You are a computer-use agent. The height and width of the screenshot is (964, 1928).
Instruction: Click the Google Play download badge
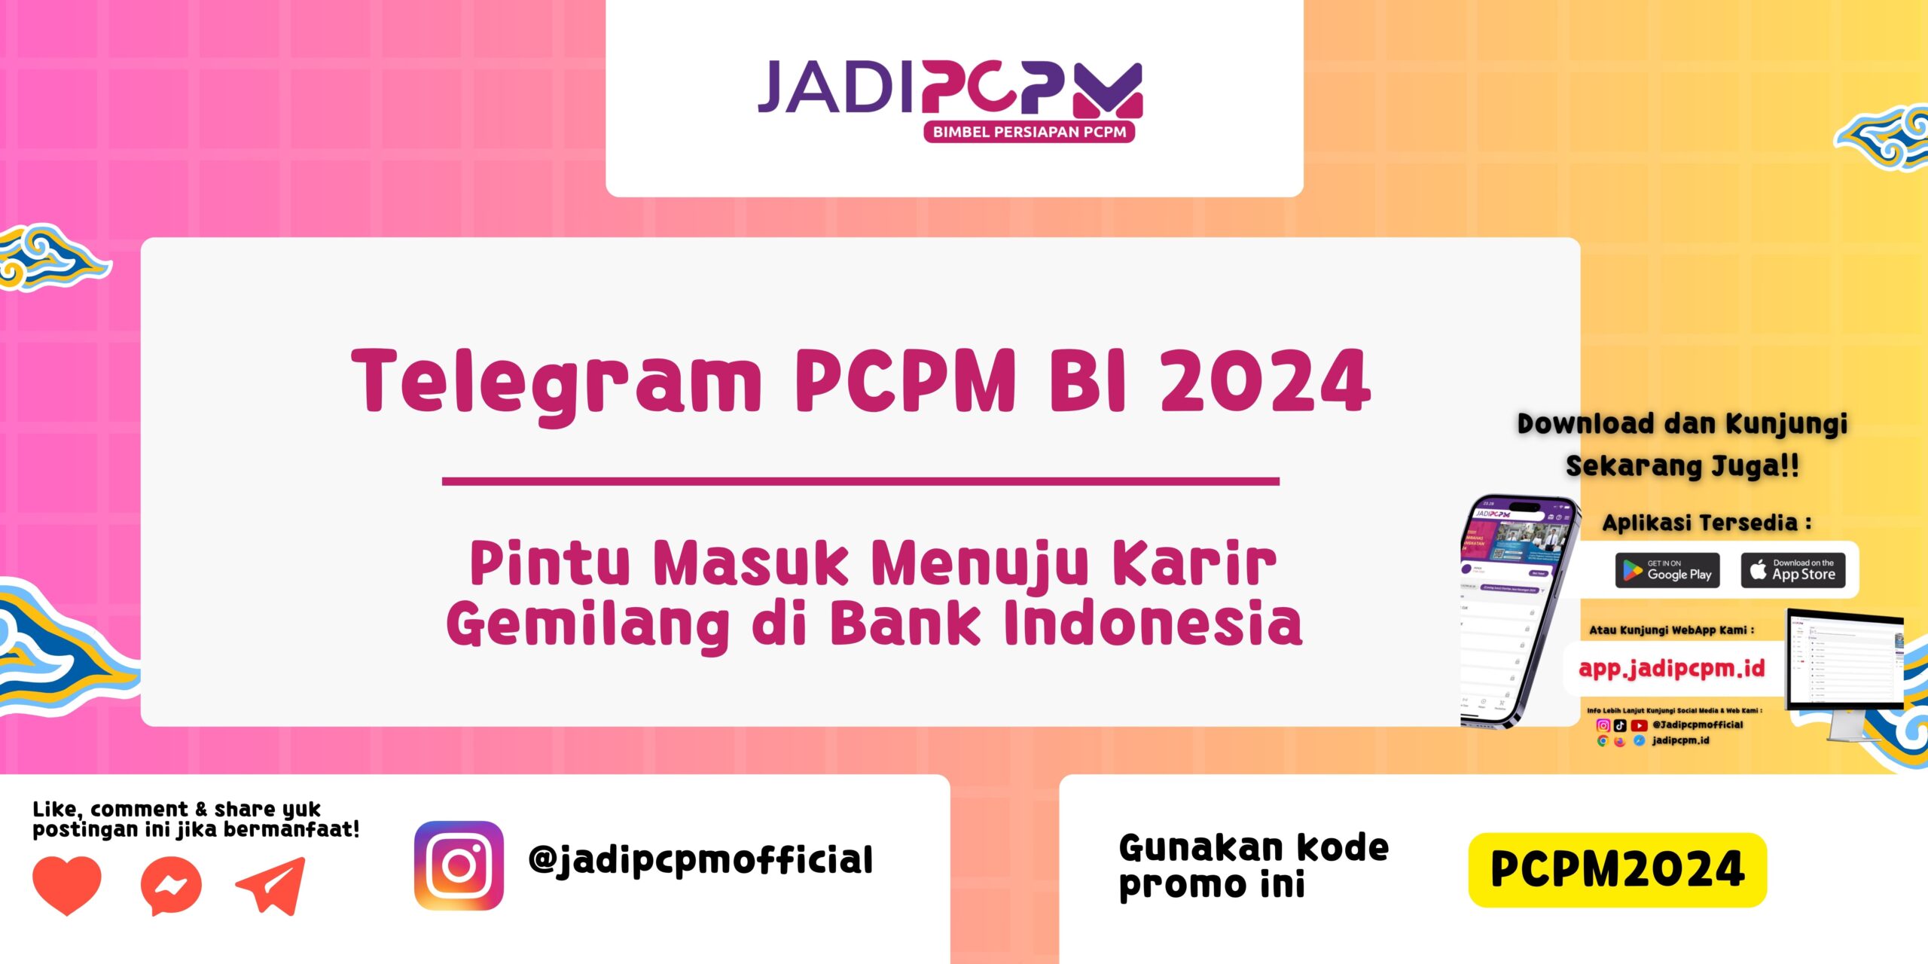click(x=1667, y=570)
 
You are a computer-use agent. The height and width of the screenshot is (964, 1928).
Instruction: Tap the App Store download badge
click(x=1792, y=570)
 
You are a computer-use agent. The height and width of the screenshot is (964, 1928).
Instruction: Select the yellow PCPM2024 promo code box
click(x=1617, y=870)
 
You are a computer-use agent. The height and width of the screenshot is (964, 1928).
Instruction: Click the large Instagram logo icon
click(x=459, y=865)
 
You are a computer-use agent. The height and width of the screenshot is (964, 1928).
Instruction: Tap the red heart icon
click(x=67, y=883)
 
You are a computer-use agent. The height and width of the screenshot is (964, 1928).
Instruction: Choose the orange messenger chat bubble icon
click(x=171, y=886)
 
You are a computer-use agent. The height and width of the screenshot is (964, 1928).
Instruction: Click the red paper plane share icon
click(x=272, y=886)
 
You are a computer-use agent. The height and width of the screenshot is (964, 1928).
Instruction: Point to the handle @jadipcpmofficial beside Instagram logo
click(x=700, y=861)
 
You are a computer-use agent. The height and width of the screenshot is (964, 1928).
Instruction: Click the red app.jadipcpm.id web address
click(x=1671, y=669)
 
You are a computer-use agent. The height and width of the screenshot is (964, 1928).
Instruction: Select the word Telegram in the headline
click(x=556, y=383)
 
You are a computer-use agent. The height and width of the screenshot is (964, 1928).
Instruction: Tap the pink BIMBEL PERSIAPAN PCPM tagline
click(x=1029, y=133)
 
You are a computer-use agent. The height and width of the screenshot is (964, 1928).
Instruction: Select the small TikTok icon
click(x=1620, y=725)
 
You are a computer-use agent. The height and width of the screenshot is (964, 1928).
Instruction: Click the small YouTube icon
click(x=1639, y=725)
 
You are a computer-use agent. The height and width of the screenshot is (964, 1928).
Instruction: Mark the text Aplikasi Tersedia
click(x=1706, y=523)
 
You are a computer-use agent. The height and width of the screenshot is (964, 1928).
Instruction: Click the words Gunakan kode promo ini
click(x=1253, y=866)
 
